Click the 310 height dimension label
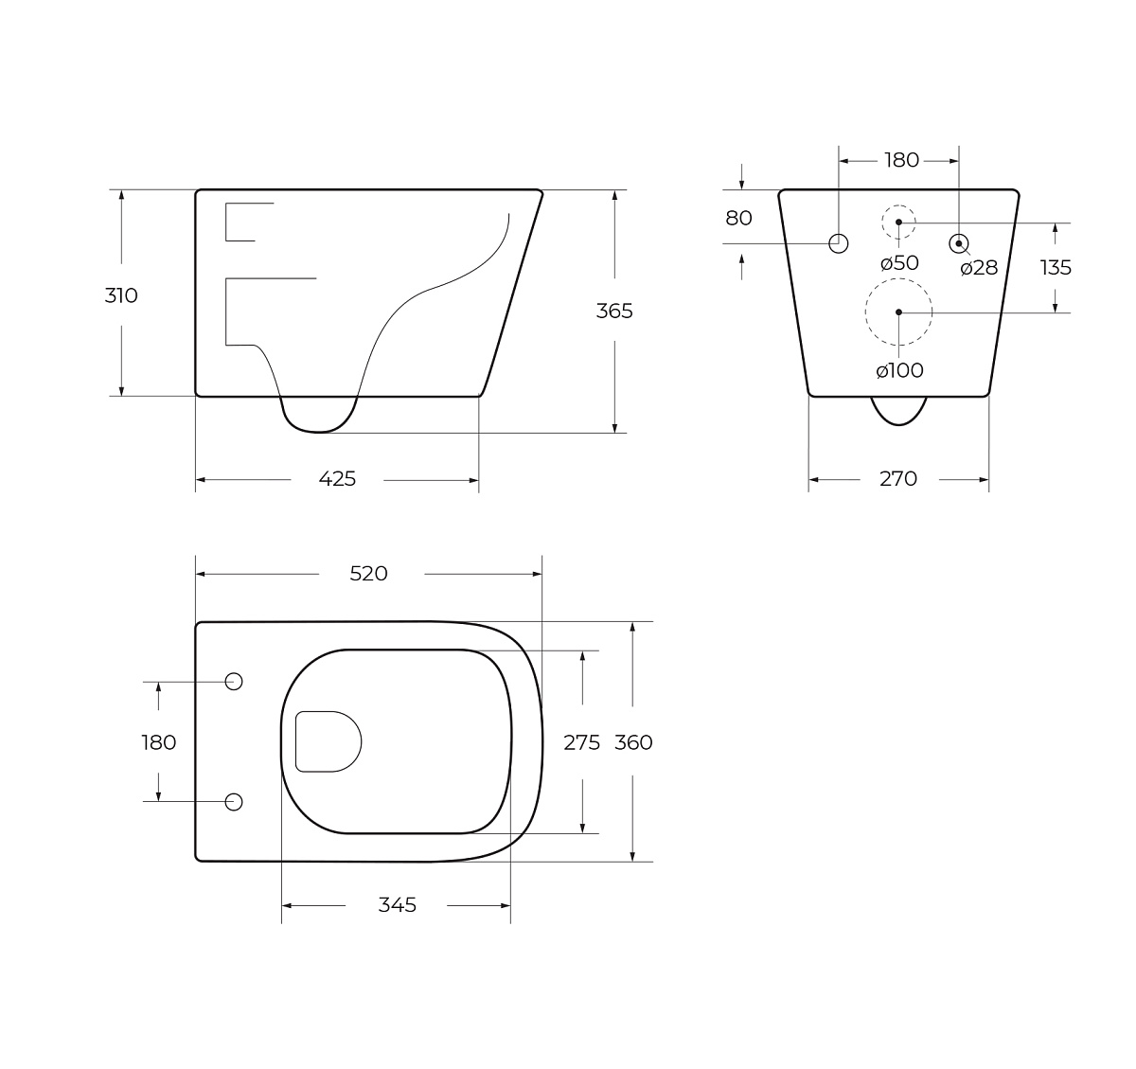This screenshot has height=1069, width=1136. click(x=121, y=295)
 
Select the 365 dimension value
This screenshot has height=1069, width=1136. click(x=614, y=312)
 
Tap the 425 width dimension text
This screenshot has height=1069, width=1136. click(x=337, y=479)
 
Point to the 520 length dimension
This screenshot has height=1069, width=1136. click(x=368, y=574)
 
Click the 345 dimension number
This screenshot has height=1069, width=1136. click(x=397, y=905)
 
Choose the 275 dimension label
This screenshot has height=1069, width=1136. click(x=582, y=742)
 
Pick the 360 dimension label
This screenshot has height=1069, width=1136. click(x=633, y=742)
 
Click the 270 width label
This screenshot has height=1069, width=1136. click(x=898, y=479)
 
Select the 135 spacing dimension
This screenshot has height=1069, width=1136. click(x=1056, y=268)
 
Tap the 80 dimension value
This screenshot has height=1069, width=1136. click(x=738, y=218)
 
